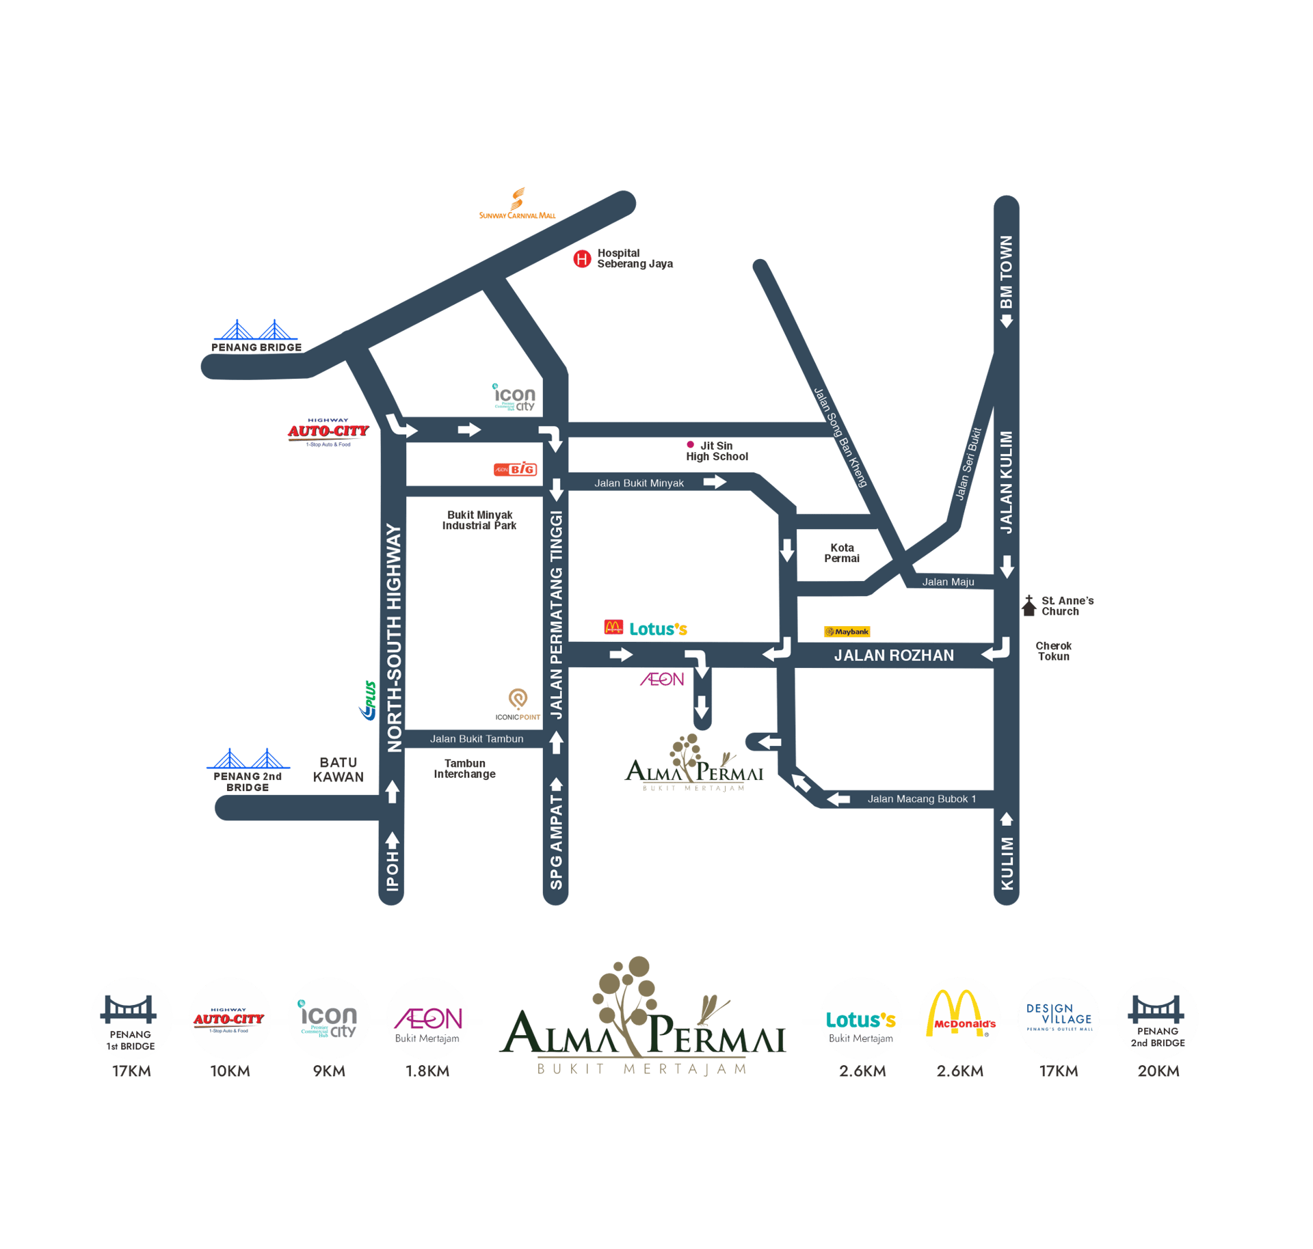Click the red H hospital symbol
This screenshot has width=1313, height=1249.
[581, 259]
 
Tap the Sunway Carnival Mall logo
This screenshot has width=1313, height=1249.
[518, 204]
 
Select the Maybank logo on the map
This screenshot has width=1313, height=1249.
[847, 632]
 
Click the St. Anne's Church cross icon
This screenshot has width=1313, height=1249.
[1029, 606]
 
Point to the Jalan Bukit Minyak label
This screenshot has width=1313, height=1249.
[639, 483]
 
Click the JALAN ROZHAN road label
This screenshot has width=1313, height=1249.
[894, 656]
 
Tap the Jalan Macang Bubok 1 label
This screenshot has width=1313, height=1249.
[922, 799]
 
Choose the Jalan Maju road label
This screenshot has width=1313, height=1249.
[948, 582]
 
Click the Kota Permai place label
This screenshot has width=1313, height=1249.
[842, 553]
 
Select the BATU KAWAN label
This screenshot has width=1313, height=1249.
[338, 770]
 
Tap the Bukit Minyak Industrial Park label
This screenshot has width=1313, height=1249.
[479, 520]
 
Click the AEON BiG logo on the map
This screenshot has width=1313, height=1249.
[516, 470]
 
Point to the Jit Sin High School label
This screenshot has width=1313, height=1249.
[717, 451]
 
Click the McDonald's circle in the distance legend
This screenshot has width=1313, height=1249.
[960, 1018]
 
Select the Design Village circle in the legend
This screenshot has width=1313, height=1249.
[1059, 1018]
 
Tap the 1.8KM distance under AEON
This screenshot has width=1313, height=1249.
[427, 1071]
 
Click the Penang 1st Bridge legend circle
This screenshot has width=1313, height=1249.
[131, 1018]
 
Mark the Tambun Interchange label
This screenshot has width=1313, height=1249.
[465, 769]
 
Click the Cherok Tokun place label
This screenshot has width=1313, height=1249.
[1053, 651]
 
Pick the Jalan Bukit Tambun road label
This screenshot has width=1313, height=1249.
[477, 739]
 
